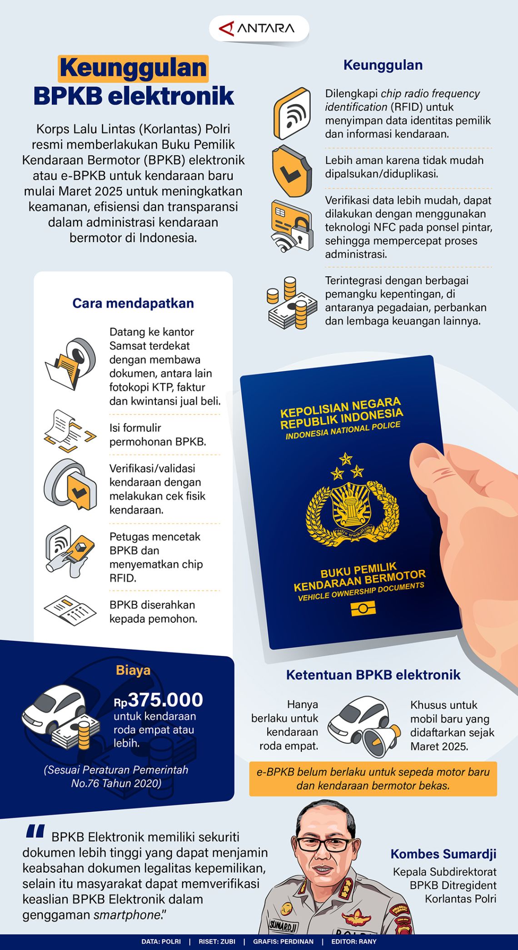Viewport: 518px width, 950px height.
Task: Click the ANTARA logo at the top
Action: (259, 29)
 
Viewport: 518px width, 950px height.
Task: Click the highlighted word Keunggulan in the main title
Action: (133, 68)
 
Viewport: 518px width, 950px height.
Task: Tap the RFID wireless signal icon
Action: (292, 114)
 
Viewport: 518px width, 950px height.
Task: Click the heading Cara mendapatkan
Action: (133, 303)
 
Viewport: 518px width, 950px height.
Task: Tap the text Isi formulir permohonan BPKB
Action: (158, 435)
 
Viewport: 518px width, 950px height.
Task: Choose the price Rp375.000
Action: (159, 700)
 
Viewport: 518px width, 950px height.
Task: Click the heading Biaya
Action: (133, 670)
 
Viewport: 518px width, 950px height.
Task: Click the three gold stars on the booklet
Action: (347, 466)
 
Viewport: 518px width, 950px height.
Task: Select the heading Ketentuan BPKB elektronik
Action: (373, 675)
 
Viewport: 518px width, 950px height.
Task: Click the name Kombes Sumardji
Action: (443, 854)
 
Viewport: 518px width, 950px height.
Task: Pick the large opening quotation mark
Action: (35, 831)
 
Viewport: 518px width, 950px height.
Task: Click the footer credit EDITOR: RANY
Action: (354, 941)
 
